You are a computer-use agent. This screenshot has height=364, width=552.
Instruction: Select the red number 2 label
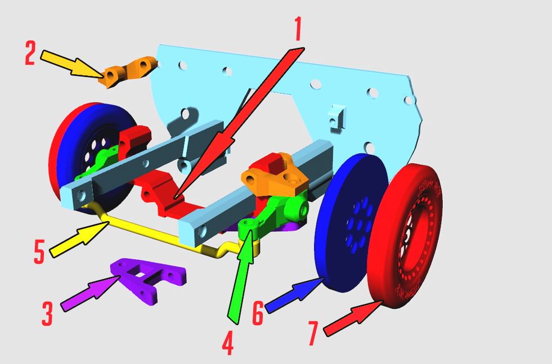[x=30, y=53]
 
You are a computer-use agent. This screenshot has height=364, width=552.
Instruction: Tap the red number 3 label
[x=47, y=314]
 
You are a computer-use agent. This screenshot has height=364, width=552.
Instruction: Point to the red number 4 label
[x=228, y=343]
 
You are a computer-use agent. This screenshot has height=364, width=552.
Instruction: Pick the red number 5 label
[x=39, y=251]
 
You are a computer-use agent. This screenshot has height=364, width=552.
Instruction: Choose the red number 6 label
[x=258, y=313]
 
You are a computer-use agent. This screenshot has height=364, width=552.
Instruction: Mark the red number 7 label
[x=313, y=333]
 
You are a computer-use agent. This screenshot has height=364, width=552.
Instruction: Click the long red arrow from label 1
[x=239, y=123]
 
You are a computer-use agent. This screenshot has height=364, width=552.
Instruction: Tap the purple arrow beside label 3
[x=91, y=293]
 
